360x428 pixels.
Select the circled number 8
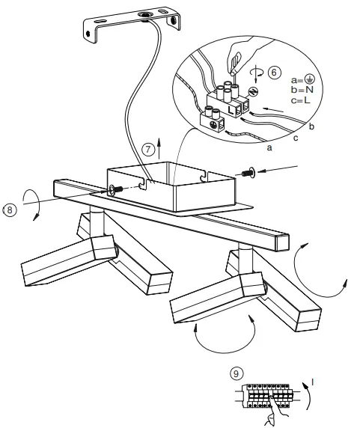tap(9, 210)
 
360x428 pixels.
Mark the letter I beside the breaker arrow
tap(314, 384)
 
